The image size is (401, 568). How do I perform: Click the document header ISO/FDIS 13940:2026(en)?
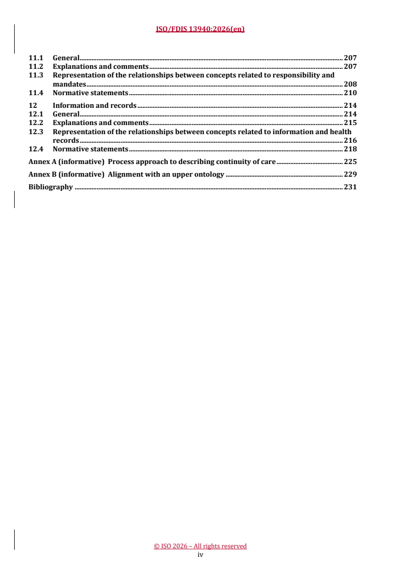(200, 29)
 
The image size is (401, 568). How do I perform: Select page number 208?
(350, 84)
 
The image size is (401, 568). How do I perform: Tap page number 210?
(350, 93)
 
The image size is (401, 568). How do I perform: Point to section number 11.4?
(35, 93)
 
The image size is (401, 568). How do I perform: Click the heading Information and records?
(94, 106)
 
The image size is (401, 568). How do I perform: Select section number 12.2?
(35, 123)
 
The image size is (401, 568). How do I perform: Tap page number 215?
(350, 123)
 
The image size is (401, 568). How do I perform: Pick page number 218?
(350, 149)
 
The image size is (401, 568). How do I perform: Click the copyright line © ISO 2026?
(200, 546)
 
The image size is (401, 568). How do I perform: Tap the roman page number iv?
(200, 554)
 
